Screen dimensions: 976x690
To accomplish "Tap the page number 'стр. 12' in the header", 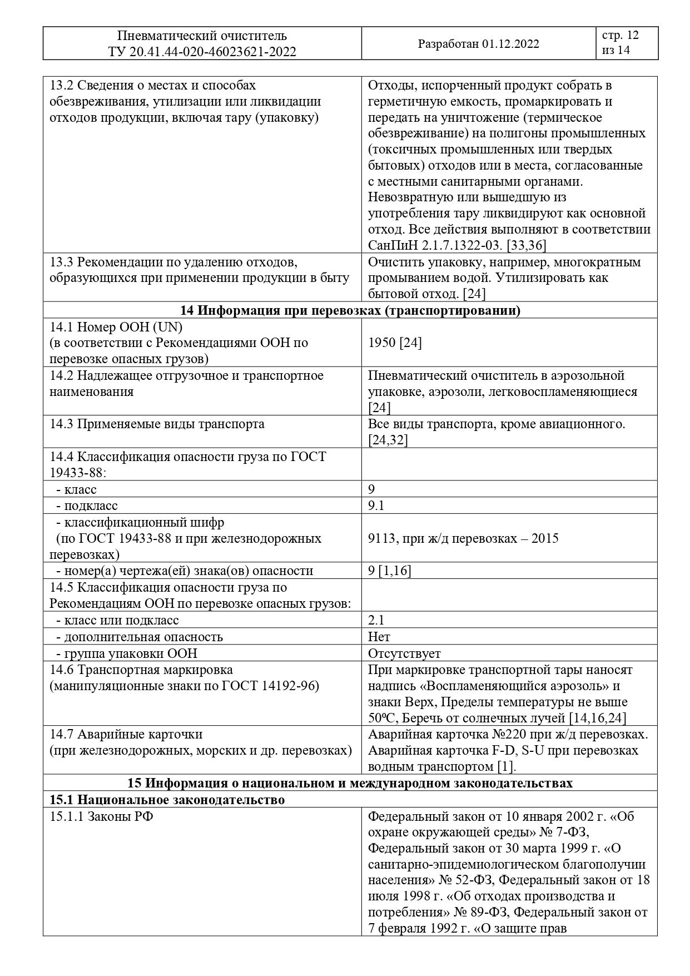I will click(620, 36).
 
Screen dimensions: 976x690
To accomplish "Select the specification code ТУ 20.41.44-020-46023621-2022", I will click(202, 52).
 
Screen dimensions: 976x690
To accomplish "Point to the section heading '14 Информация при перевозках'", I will click(350, 310).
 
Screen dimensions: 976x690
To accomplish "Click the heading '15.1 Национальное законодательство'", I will click(167, 800).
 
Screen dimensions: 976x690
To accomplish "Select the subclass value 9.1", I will click(376, 506).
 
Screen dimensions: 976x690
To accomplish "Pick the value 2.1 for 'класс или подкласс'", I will click(376, 620).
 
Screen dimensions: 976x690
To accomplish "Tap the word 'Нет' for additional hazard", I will click(379, 637).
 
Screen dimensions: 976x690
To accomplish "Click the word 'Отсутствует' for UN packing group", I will click(404, 653).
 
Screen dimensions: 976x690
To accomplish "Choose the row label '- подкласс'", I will click(87, 506).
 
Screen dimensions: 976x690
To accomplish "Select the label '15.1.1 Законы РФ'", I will click(98, 817).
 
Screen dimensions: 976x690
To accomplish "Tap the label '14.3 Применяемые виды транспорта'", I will click(157, 424).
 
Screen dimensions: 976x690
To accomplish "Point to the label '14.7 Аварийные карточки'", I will click(126, 734).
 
